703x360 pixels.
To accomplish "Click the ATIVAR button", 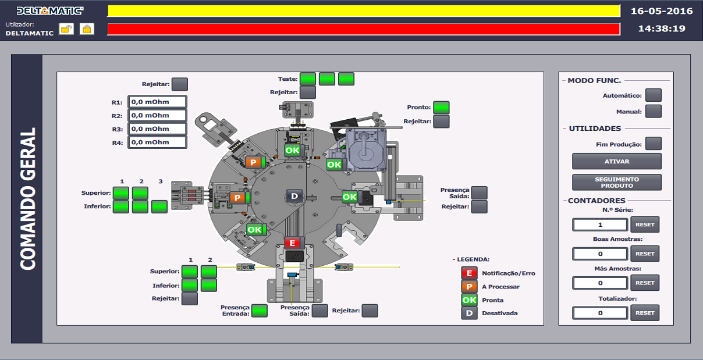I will coord(617,161).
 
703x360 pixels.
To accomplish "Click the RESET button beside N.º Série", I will coord(645,224).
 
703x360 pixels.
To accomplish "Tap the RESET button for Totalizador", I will coord(645,312).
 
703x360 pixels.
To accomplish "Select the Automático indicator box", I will coord(654,95).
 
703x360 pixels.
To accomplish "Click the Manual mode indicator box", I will coord(654,112).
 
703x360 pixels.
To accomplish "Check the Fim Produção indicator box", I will coord(654,144).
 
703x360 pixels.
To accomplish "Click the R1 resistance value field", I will coord(157,102).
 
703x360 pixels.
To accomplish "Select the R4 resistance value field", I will coord(157,142).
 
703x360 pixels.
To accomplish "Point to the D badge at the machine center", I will coord(294,196).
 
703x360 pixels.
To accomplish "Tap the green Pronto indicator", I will coord(442,108).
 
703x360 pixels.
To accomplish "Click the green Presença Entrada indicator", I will coord(260,311).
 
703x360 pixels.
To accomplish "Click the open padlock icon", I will coord(67,29).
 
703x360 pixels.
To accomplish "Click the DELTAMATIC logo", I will coord(50,10).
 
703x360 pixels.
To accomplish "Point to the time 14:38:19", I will coord(662,28).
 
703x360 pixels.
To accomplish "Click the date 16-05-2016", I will coord(662,11).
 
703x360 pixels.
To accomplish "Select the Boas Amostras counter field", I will coord(600,254).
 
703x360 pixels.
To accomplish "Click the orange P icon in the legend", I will coord(469,287).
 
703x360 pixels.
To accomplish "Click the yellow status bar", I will coord(364,11).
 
